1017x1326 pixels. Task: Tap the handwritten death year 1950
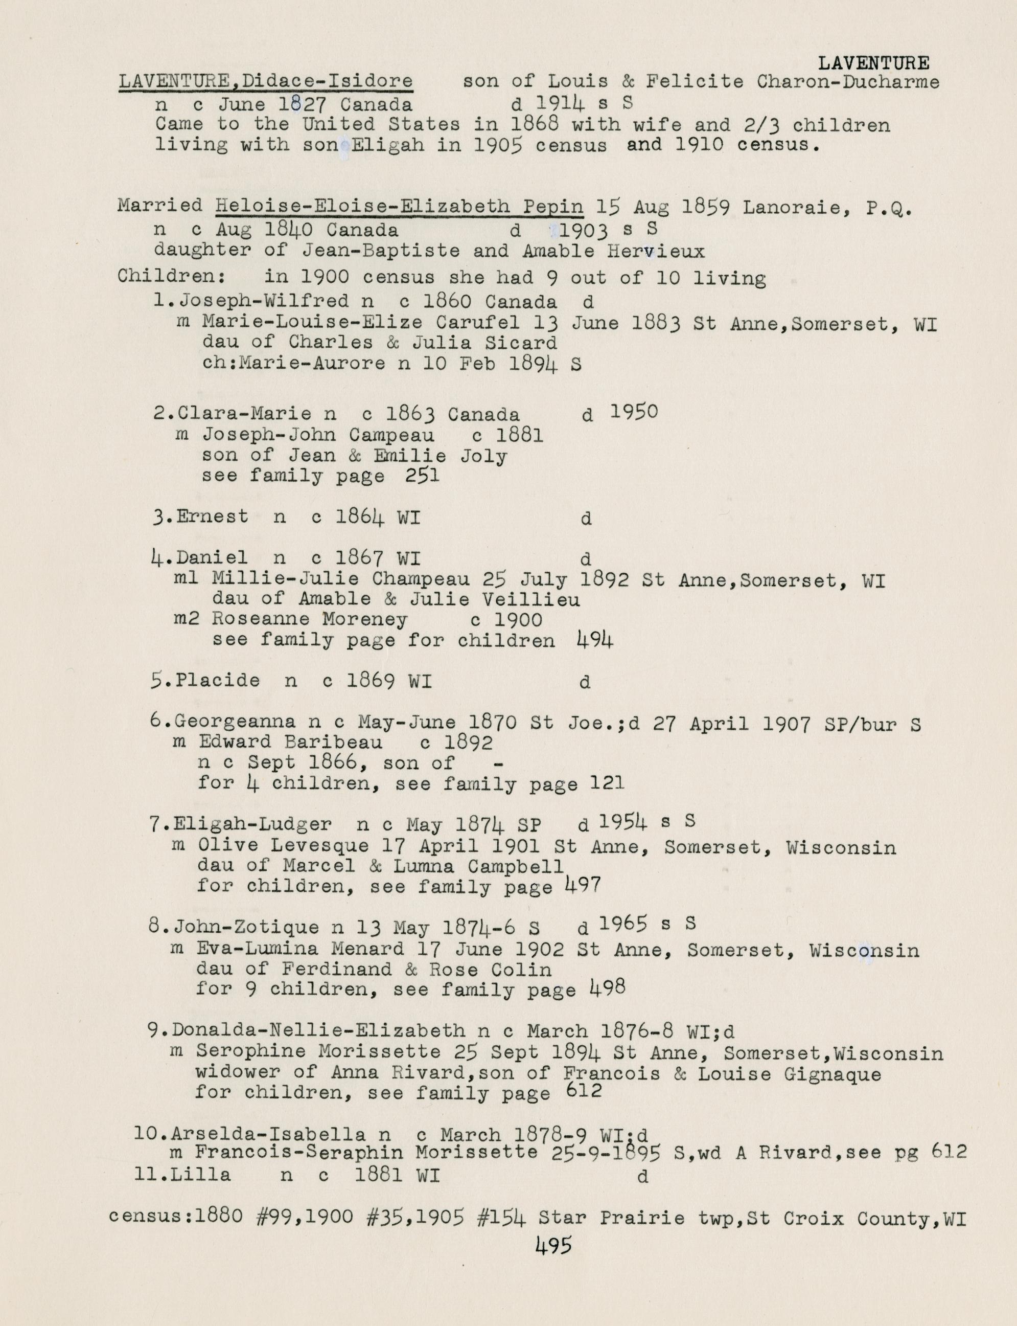point(633,412)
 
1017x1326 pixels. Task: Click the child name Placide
point(217,680)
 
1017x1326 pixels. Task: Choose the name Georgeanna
point(235,722)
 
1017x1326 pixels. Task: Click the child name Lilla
point(200,1175)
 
